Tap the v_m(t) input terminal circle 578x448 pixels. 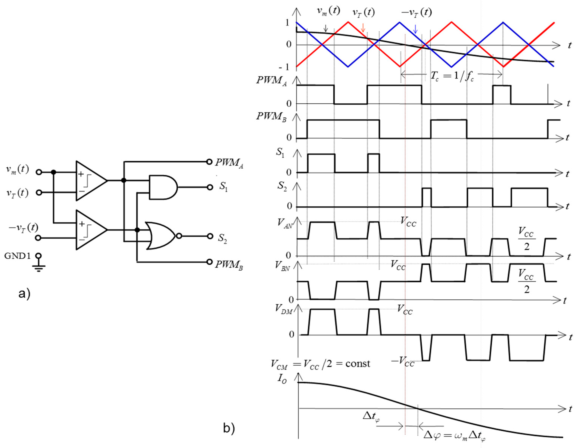[x=39, y=172]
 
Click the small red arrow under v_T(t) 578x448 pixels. [x=363, y=28]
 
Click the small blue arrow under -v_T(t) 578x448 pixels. [x=415, y=29]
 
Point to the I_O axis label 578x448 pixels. [x=282, y=379]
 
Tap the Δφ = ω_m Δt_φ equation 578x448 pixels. [x=455, y=435]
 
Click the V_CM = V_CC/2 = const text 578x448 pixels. [x=320, y=364]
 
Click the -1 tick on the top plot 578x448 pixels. [x=284, y=67]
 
